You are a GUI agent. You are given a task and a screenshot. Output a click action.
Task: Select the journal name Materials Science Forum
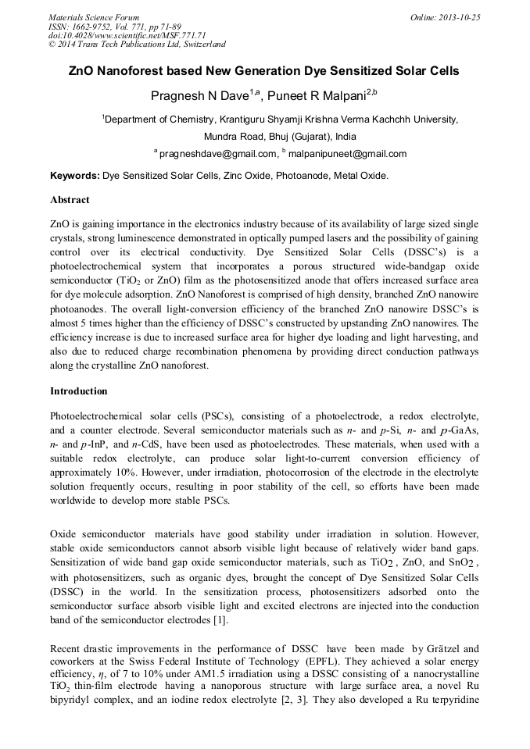pyautogui.click(x=94, y=17)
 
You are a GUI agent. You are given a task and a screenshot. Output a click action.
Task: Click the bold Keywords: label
pyautogui.click(x=75, y=176)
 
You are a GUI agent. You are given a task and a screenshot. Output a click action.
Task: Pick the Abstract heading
pyautogui.click(x=70, y=200)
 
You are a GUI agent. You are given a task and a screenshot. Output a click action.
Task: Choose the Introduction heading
pyautogui.click(x=78, y=391)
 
